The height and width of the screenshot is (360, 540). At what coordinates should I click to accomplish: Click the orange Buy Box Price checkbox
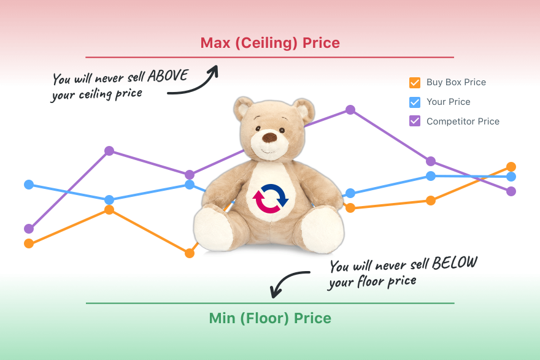(415, 83)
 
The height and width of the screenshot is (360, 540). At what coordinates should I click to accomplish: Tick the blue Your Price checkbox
(415, 102)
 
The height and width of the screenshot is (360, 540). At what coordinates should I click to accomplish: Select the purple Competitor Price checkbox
(415, 121)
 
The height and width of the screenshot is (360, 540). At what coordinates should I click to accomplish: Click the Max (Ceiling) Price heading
(270, 43)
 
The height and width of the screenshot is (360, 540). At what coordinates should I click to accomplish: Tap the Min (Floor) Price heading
(270, 318)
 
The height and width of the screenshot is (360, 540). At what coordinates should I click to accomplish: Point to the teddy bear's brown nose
(269, 137)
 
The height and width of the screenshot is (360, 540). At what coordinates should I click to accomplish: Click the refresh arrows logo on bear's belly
(271, 199)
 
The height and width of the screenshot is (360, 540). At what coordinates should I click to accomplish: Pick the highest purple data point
(350, 110)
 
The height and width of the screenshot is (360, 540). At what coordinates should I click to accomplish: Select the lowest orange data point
(190, 253)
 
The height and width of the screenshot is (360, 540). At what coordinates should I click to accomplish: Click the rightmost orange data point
(511, 167)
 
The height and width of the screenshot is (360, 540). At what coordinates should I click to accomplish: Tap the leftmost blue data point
(29, 185)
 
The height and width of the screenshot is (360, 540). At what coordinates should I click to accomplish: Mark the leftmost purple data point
(29, 229)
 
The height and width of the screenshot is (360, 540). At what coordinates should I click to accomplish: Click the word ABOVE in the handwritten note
(168, 75)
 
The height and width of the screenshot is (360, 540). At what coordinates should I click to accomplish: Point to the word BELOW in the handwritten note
(455, 263)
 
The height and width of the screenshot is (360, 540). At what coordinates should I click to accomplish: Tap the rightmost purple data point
(511, 191)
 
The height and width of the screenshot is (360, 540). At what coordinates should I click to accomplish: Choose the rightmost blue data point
(511, 177)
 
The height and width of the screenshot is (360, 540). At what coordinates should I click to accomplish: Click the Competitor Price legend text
(463, 121)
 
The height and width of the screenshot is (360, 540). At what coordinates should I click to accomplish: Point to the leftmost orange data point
(29, 243)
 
